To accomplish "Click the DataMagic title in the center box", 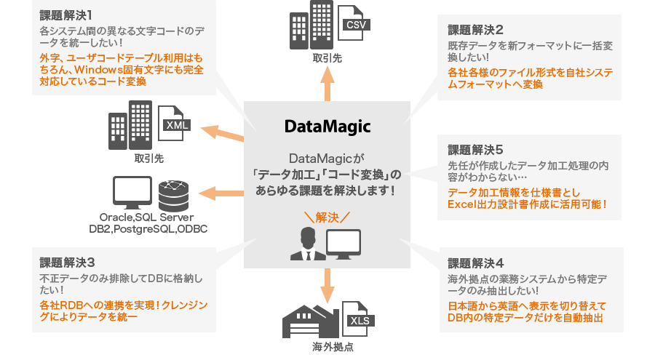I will (327, 127).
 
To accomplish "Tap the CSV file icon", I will (354, 25).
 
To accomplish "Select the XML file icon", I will (175, 125).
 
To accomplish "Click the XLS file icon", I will (359, 318).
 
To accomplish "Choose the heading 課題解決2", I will (476, 31).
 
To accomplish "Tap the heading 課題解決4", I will (476, 263).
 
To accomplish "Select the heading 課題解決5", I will (476, 150).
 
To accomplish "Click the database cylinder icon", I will (174, 193).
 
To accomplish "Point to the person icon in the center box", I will (306, 244).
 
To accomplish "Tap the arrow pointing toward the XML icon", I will (222, 134).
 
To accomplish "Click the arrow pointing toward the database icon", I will (222, 193).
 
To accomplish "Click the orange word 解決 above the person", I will (327, 216).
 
